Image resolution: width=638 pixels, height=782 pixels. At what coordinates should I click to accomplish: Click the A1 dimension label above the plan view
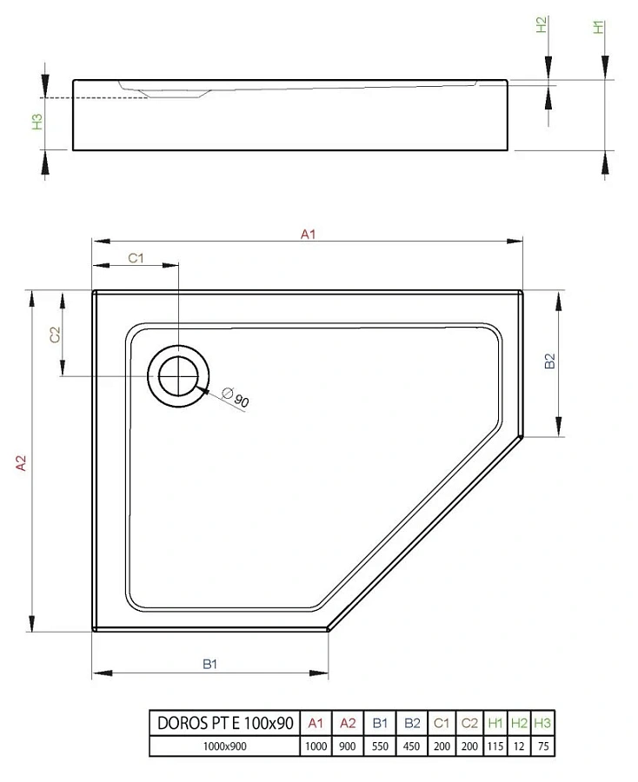coord(308,233)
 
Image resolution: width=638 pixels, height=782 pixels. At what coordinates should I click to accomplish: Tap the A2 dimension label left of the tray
coord(23,463)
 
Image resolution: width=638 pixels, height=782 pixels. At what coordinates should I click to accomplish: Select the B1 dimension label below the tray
coord(209,664)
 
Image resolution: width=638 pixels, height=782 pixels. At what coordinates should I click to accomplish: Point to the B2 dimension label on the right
coord(548,361)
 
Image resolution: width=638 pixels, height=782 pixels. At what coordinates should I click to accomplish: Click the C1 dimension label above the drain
coord(136,257)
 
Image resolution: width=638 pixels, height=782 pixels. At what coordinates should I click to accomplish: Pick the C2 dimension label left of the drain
coord(54,335)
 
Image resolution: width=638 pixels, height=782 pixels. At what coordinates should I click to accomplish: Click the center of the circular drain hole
coord(179,376)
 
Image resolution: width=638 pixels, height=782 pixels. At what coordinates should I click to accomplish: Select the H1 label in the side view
coord(598,27)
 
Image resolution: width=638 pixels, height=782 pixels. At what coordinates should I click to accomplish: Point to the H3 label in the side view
coord(37,122)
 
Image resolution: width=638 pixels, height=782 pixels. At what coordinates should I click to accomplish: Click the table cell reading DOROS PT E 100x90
coord(224,723)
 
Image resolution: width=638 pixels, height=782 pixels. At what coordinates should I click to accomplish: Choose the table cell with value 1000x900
coord(224,746)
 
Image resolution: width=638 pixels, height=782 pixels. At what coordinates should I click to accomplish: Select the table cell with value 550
coord(380,746)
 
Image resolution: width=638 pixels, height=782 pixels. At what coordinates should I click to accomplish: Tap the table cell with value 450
coord(412,746)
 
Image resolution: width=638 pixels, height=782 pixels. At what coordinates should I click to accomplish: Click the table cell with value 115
coord(495,746)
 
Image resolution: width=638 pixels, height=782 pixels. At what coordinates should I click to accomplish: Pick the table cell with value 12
coord(520,746)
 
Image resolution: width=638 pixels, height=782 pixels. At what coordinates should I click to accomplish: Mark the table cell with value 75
coord(542,746)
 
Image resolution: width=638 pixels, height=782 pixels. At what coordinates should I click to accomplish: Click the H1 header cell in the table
coord(495,723)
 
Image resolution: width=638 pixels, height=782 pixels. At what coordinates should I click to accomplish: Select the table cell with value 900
coord(347,746)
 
